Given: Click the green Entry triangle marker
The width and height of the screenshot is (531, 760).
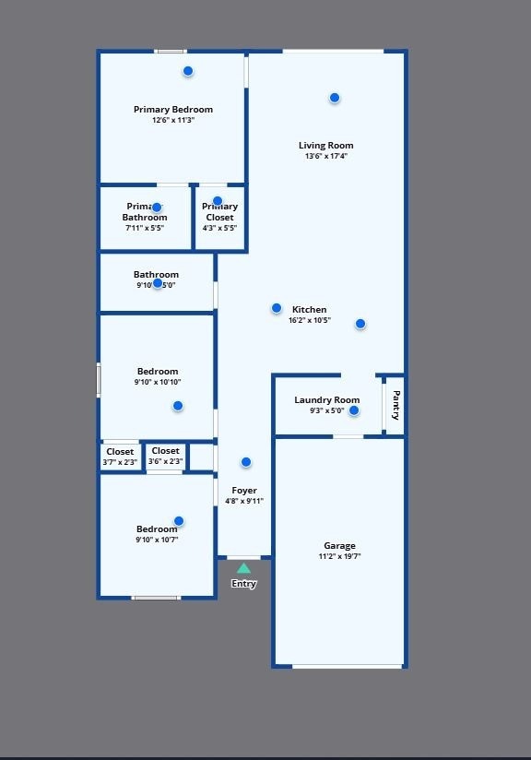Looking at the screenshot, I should [x=243, y=568].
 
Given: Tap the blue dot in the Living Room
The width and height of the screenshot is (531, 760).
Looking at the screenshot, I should [x=335, y=98].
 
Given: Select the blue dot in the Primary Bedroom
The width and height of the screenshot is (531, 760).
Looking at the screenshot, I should [x=188, y=71].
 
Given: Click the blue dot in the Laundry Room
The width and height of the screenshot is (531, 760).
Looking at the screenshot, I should [x=354, y=410].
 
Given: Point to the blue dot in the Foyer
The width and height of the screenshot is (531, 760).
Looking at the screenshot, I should [x=246, y=462].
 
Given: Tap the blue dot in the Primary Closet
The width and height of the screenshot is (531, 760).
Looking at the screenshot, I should [x=218, y=201].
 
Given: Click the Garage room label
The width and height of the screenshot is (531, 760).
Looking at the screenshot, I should [x=339, y=546].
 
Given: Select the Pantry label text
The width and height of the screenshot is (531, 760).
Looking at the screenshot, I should [x=395, y=405].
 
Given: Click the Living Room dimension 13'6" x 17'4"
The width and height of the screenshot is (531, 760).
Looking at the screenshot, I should [x=326, y=156].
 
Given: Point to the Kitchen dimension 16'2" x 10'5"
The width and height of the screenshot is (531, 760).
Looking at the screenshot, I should [x=310, y=321].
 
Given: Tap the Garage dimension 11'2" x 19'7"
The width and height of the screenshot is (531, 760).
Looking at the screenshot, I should [x=339, y=556].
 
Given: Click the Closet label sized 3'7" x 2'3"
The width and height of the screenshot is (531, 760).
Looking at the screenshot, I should [x=120, y=452].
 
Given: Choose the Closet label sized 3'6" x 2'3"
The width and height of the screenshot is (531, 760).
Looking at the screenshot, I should [x=166, y=451].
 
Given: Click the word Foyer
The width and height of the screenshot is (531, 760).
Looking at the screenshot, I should [x=244, y=491].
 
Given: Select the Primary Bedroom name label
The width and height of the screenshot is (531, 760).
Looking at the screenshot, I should [x=173, y=110].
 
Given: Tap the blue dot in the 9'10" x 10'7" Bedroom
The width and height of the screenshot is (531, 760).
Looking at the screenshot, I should [x=179, y=521].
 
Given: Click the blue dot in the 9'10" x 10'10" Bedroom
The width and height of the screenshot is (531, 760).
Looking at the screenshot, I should [x=178, y=406].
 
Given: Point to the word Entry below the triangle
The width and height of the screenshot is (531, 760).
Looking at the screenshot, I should [x=244, y=584].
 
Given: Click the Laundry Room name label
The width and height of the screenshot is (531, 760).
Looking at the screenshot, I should [x=327, y=400].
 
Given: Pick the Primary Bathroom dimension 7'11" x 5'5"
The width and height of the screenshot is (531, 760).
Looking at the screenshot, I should [x=146, y=228].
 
